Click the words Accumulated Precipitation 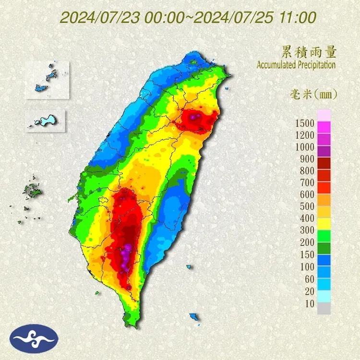coord(296,65)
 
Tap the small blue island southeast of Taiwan coord(194,316)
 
